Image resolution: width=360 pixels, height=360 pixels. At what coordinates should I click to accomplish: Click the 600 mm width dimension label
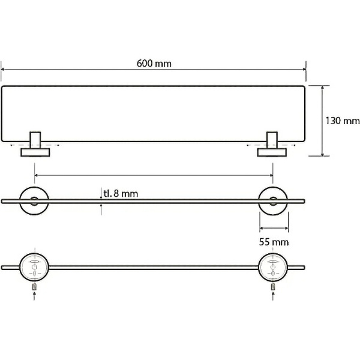point(154,64)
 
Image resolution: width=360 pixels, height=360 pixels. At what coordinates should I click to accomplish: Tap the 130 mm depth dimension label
point(343,121)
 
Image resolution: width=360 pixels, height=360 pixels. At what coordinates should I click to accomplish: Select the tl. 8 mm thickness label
point(121,194)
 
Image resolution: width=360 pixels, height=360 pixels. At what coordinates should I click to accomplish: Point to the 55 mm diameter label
point(274,242)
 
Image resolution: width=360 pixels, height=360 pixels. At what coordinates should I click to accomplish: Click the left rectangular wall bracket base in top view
point(35,152)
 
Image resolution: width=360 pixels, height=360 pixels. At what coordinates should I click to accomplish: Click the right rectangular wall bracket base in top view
point(272,152)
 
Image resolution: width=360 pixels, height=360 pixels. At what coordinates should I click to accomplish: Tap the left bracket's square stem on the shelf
point(35,140)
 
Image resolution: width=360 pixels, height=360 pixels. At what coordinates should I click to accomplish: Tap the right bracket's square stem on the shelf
point(272,140)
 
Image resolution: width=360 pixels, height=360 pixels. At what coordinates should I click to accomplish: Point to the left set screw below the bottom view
point(34,287)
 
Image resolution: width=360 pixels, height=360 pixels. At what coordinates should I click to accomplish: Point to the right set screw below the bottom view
point(273,287)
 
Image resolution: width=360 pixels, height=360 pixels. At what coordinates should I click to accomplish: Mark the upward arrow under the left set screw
point(34,296)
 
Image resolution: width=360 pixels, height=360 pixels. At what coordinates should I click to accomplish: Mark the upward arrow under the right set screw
point(273,296)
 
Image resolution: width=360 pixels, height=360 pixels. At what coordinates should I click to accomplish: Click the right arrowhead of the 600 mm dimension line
point(304,70)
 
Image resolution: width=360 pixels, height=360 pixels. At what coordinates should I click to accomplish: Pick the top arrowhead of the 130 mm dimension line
point(322,88)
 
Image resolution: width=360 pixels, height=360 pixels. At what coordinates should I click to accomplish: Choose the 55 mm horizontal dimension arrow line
point(274,228)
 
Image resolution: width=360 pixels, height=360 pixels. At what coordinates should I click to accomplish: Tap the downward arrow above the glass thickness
point(101,194)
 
